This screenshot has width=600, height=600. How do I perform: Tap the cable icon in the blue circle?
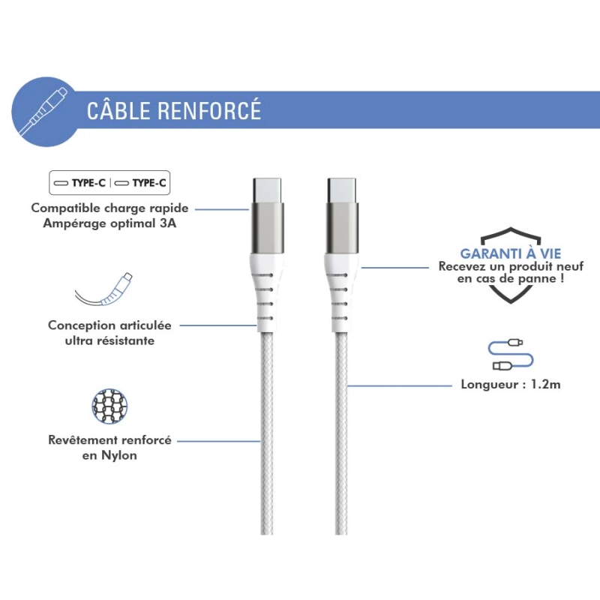[43, 111]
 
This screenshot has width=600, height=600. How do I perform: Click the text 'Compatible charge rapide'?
[109, 208]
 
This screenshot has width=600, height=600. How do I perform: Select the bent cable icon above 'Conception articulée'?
[103, 289]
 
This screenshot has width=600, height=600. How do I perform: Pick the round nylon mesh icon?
[109, 406]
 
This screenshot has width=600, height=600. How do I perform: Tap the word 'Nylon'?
[119, 456]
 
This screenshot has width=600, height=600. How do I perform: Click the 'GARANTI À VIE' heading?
[511, 253]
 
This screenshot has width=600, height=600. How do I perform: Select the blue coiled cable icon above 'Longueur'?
[511, 355]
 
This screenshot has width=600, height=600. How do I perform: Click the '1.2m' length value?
[546, 384]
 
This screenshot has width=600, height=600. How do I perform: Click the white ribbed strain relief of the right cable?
[342, 292]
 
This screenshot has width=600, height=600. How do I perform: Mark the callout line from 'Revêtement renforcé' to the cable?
[219, 441]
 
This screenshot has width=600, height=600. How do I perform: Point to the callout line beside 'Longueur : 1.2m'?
[400, 385]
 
